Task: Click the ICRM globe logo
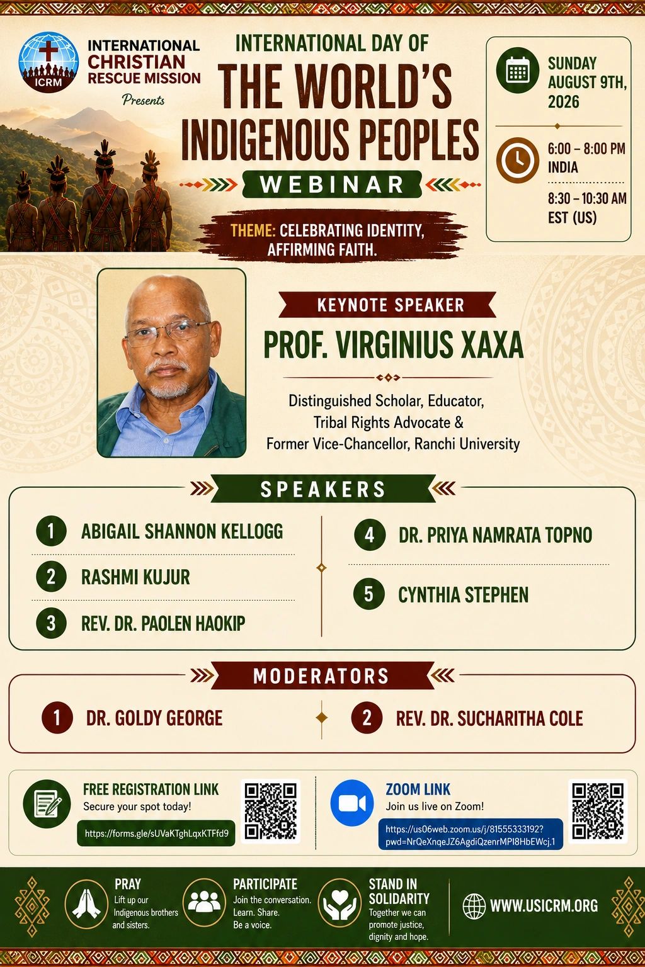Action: pyautogui.click(x=49, y=62)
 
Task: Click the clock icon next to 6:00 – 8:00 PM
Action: pyautogui.click(x=517, y=160)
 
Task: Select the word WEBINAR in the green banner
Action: pyautogui.click(x=332, y=184)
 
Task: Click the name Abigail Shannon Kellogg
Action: pyautogui.click(x=182, y=531)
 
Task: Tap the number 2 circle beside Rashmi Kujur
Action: pyautogui.click(x=51, y=577)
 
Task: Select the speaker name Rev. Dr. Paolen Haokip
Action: pyautogui.click(x=163, y=623)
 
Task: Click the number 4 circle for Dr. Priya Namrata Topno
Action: pyautogui.click(x=369, y=535)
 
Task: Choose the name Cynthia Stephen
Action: pyautogui.click(x=463, y=594)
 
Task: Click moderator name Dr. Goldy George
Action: pyautogui.click(x=154, y=718)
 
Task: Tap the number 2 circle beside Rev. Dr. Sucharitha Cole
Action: pyautogui.click(x=367, y=718)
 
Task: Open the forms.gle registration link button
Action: pyautogui.click(x=156, y=833)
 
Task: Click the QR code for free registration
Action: pyautogui.click(x=270, y=811)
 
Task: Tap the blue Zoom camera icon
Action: pyautogui.click(x=352, y=803)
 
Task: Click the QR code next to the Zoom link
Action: pyautogui.click(x=598, y=811)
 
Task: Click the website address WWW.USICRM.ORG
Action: pyautogui.click(x=544, y=905)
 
